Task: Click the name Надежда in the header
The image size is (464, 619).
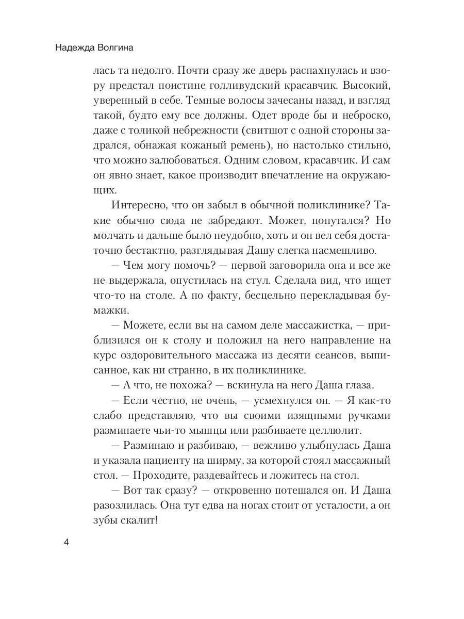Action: click(77, 49)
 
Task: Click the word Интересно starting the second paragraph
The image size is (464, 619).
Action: click(136, 205)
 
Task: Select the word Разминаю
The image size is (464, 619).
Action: click(149, 445)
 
